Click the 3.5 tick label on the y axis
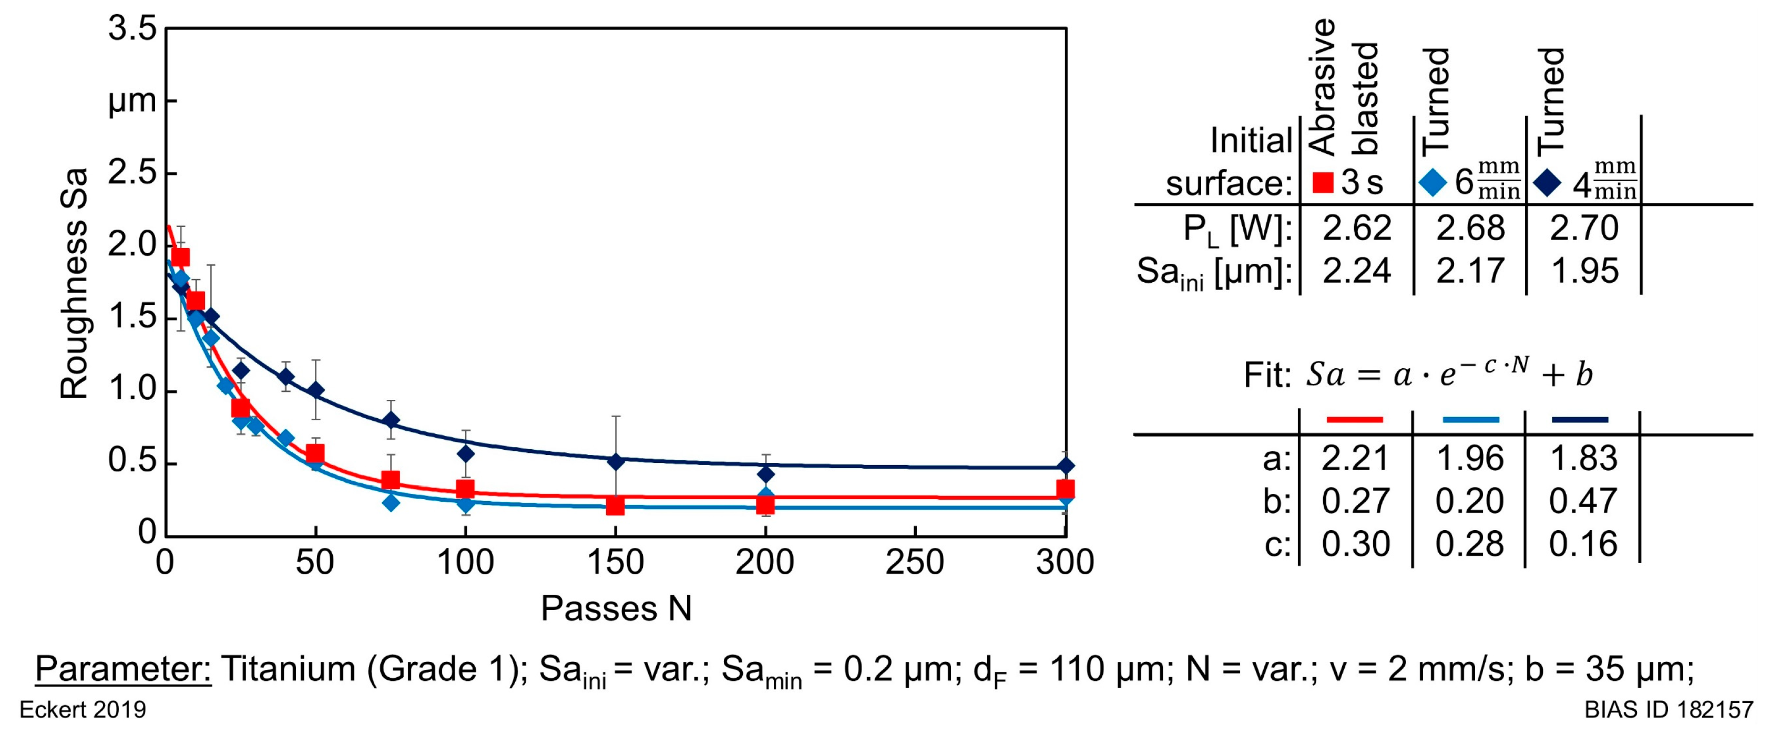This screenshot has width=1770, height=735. click(132, 30)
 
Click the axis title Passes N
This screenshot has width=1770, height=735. click(616, 608)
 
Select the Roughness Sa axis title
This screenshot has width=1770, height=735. click(74, 283)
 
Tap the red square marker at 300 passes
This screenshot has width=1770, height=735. click(1065, 489)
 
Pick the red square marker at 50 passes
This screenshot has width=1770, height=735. click(315, 453)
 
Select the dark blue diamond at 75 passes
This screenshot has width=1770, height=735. click(391, 420)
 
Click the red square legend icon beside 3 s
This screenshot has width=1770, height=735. click(1323, 183)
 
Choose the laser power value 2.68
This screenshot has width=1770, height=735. click(1470, 229)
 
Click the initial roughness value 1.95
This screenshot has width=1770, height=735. click(1584, 271)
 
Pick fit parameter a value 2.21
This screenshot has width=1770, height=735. click(1356, 458)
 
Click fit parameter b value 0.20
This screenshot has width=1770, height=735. click(1469, 501)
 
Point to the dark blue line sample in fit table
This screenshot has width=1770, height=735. click(1580, 419)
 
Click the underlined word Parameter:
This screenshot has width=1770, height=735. click(123, 669)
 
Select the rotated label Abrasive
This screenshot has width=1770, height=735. click(1323, 86)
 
